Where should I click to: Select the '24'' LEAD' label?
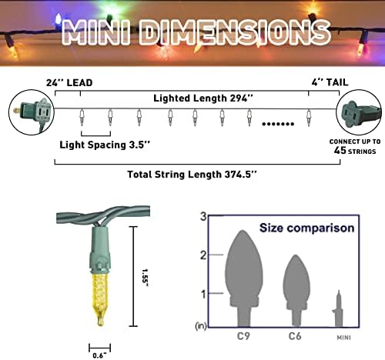(69, 83)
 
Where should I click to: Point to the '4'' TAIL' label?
(330, 82)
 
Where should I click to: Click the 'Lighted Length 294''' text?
(203, 98)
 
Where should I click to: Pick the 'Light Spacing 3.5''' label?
(105, 145)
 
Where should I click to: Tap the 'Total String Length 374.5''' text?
(192, 175)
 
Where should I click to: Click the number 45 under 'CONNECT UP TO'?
(340, 150)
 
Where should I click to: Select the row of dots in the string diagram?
(278, 124)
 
